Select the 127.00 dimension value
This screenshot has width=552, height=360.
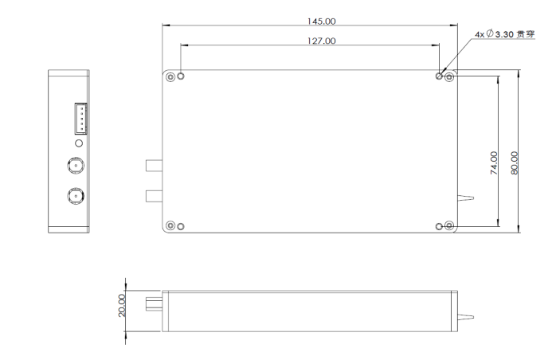(x=310, y=40)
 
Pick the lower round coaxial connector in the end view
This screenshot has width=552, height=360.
(x=76, y=195)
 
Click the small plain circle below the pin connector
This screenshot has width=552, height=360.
(x=78, y=143)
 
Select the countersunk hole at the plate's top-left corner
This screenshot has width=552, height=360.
(x=170, y=76)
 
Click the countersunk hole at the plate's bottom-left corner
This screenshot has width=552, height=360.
(x=170, y=226)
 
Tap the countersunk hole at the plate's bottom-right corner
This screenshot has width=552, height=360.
(x=449, y=226)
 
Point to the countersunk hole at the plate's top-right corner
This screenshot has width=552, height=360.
(x=449, y=76)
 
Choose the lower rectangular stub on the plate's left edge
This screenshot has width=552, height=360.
(x=153, y=196)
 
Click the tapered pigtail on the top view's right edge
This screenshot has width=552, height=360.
(x=465, y=198)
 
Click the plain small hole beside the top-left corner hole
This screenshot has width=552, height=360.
(x=181, y=76)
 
